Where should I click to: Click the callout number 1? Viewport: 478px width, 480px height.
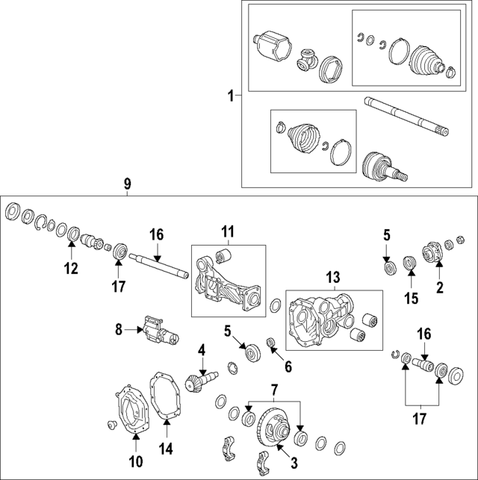pos(231,96)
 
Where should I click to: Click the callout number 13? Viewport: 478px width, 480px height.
pos(333,278)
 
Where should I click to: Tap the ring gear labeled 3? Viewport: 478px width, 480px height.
pos(274,430)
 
